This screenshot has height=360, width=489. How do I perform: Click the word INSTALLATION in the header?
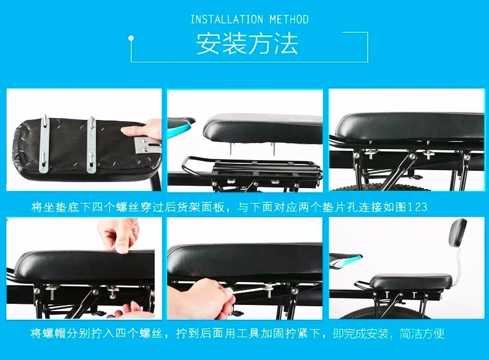pos(227,20)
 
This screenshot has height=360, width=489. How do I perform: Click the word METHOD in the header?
pos(289,20)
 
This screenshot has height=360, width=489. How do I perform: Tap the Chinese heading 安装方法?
pos(248,44)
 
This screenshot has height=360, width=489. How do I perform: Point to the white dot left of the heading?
pos(131,38)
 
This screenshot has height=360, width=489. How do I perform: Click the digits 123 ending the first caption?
pos(417,207)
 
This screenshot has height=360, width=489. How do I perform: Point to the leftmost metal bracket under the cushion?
pos(45,144)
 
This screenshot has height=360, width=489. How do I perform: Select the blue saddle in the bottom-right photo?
pos(346,261)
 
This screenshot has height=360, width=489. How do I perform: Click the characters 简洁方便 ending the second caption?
pos(422,333)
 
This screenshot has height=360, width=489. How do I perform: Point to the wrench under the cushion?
pos(253,290)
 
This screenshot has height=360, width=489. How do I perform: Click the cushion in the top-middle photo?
pos(262,129)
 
